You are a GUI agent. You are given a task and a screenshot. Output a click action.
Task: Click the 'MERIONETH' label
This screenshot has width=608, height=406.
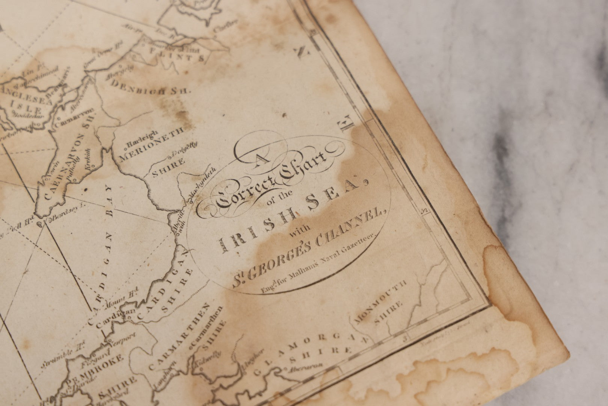[x=152, y=143]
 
